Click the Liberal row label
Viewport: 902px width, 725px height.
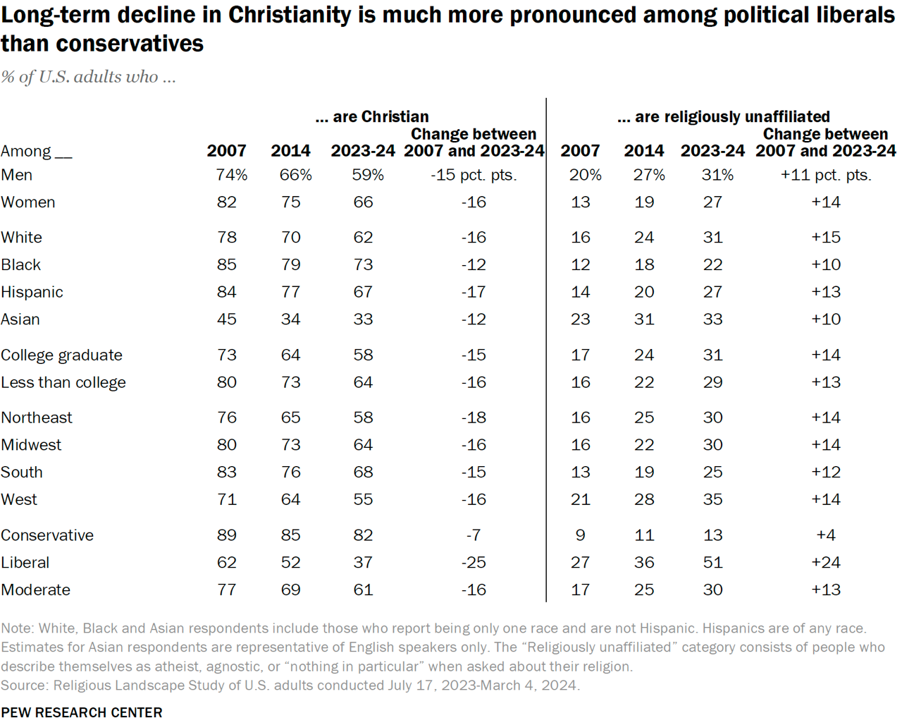(x=25, y=562)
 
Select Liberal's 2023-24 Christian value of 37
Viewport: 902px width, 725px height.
(x=363, y=562)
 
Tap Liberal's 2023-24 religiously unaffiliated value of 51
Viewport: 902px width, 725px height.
(x=712, y=562)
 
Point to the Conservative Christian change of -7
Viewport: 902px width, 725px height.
(x=474, y=535)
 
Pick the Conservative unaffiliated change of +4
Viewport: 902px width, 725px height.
(x=825, y=535)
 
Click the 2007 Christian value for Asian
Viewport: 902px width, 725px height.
(x=227, y=319)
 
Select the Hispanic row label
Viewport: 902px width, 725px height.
(x=32, y=292)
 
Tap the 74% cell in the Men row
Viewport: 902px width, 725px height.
(x=231, y=175)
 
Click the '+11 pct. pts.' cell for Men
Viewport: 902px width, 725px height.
(x=825, y=175)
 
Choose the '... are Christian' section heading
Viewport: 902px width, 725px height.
(x=372, y=116)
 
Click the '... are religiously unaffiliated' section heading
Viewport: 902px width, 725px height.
(x=723, y=116)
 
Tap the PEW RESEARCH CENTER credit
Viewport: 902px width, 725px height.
(x=82, y=712)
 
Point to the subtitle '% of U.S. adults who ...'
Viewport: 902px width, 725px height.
(x=88, y=77)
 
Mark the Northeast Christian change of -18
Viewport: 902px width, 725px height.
(x=474, y=418)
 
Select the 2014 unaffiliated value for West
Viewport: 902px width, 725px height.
(x=644, y=499)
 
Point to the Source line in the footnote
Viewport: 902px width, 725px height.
(x=290, y=685)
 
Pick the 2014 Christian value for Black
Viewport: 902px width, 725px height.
(x=290, y=264)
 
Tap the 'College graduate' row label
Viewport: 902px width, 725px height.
(x=62, y=355)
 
